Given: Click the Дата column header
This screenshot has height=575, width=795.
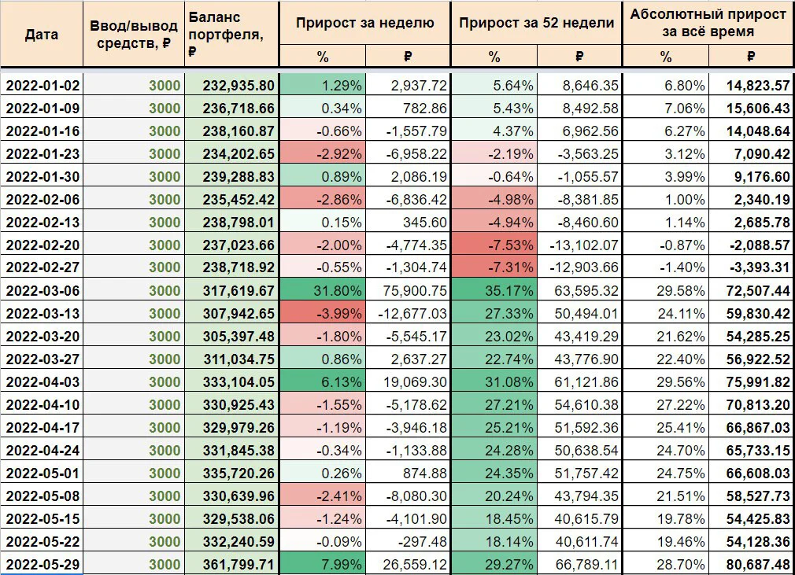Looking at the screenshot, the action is tap(42, 35).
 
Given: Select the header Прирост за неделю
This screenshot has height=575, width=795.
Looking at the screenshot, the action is tap(364, 23).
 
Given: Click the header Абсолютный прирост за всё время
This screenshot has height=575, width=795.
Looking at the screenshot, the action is tap(708, 23).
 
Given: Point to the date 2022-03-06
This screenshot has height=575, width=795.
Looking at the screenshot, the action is tap(43, 291).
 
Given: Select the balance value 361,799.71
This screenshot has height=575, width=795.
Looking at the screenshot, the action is tap(238, 564).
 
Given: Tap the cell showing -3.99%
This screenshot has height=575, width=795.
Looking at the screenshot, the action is tap(339, 314).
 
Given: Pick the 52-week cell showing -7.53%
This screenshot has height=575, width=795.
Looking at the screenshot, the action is tap(511, 245).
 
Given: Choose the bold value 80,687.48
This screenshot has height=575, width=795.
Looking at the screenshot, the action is tap(758, 564).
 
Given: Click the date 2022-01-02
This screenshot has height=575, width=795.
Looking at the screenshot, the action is tap(43, 86).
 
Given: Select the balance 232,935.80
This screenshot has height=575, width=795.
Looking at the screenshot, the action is tap(238, 86).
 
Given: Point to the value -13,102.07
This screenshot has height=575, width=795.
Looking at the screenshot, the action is tap(584, 245).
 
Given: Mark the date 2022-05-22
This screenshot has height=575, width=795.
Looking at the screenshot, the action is tap(43, 541).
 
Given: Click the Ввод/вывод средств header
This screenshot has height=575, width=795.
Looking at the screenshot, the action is tap(133, 35).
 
